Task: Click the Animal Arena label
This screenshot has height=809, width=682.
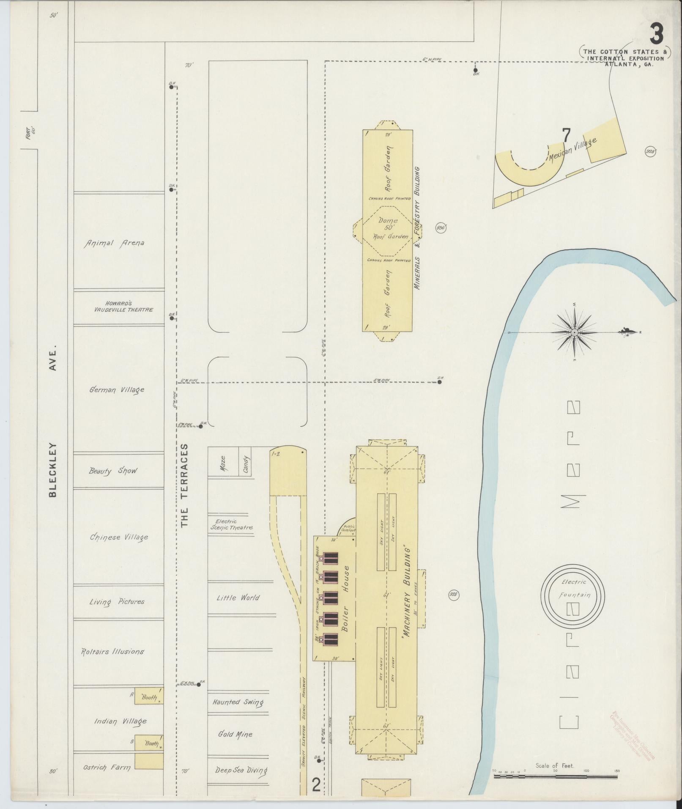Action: point(114,243)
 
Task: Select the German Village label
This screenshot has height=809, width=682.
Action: point(117,389)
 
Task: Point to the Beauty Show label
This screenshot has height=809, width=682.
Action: point(113,471)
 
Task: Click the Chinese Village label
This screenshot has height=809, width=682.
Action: point(119,537)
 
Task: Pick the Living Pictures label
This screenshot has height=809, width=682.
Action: point(117,601)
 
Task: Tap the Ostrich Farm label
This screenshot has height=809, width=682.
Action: point(106,767)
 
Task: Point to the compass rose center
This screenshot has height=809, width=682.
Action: point(575,333)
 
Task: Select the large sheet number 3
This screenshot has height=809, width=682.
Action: point(656,35)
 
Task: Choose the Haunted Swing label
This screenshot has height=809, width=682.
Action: point(238,702)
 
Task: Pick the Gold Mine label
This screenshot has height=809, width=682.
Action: point(235,734)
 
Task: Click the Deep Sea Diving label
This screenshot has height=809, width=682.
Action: point(241,770)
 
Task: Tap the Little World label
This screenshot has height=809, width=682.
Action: point(238,598)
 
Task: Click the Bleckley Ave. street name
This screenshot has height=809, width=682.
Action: point(53,423)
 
